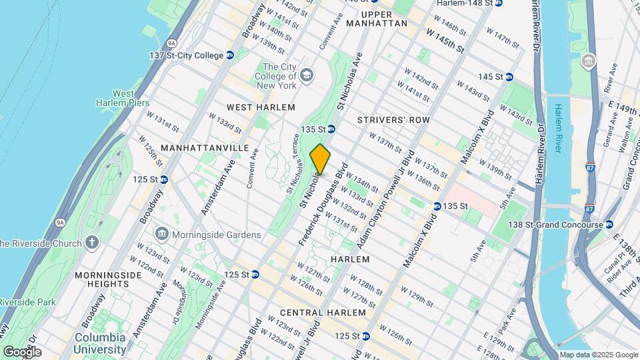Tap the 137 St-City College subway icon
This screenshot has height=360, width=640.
click(x=230, y=55)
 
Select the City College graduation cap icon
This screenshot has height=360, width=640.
click(x=306, y=73)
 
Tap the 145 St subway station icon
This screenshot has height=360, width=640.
click(x=509, y=77)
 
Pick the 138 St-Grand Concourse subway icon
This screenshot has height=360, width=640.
click(x=607, y=225)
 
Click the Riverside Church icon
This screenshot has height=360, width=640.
click(x=92, y=242)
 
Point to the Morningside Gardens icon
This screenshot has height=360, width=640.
click(x=161, y=234)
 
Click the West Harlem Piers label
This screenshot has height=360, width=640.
click(x=123, y=98)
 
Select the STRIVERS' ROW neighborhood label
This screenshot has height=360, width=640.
click(x=393, y=120)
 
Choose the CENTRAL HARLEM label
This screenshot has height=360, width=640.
click(x=323, y=313)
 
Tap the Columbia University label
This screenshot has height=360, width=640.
click(x=100, y=343)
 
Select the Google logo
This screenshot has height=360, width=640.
click(x=21, y=352)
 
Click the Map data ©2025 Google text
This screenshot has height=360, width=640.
click(x=597, y=355)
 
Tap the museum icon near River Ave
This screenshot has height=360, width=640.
click(x=589, y=63)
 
